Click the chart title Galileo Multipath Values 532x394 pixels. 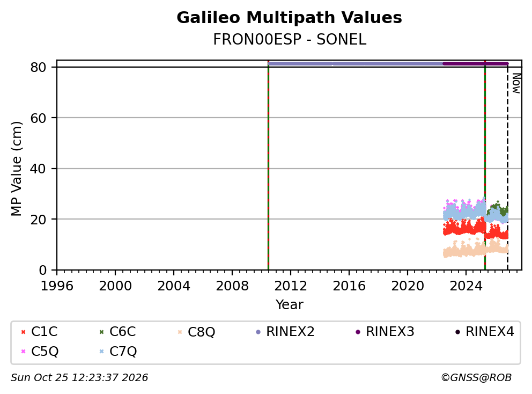click(x=289, y=18)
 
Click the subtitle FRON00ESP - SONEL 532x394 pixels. click(x=290, y=40)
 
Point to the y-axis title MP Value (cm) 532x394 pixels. click(x=16, y=169)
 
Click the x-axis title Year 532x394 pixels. click(x=289, y=304)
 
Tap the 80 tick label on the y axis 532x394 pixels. click(x=38, y=67)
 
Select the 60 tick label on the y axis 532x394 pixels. click(x=38, y=118)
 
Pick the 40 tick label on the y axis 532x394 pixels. click(x=38, y=169)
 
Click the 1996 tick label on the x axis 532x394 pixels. click(x=57, y=286)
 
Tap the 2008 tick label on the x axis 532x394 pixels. click(x=232, y=286)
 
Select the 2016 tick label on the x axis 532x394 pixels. click(x=349, y=286)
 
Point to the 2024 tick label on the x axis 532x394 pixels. click(x=466, y=286)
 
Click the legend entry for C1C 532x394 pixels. click(x=39, y=332)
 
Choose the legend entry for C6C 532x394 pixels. click(x=117, y=332)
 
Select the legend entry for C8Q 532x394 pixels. click(x=196, y=332)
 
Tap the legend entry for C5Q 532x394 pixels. click(x=39, y=351)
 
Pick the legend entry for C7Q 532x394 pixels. click(x=118, y=351)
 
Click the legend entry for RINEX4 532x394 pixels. click(x=484, y=332)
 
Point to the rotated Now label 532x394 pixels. click(x=516, y=84)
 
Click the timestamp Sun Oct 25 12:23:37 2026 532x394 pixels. click(x=79, y=378)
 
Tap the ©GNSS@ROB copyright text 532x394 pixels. click(x=476, y=378)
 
